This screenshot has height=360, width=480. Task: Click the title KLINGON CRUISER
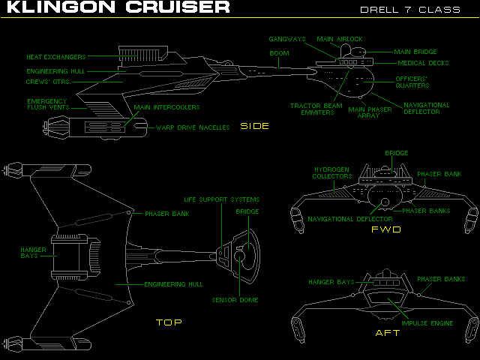point(115,7)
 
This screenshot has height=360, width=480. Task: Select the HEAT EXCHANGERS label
point(55,56)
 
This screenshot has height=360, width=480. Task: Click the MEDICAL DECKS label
point(423,63)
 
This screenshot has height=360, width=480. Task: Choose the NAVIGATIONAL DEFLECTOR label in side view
point(426,109)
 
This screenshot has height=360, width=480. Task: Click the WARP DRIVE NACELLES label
point(193,127)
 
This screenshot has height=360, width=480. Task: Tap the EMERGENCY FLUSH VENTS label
point(48,104)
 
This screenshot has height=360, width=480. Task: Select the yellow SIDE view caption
point(254,126)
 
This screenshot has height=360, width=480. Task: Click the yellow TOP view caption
point(169,322)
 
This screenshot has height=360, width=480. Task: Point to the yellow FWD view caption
point(385,229)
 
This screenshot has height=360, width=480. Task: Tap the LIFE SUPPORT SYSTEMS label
point(222,199)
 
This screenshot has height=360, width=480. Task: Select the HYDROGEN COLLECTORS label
point(332,173)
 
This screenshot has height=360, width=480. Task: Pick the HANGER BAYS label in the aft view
point(331,282)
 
